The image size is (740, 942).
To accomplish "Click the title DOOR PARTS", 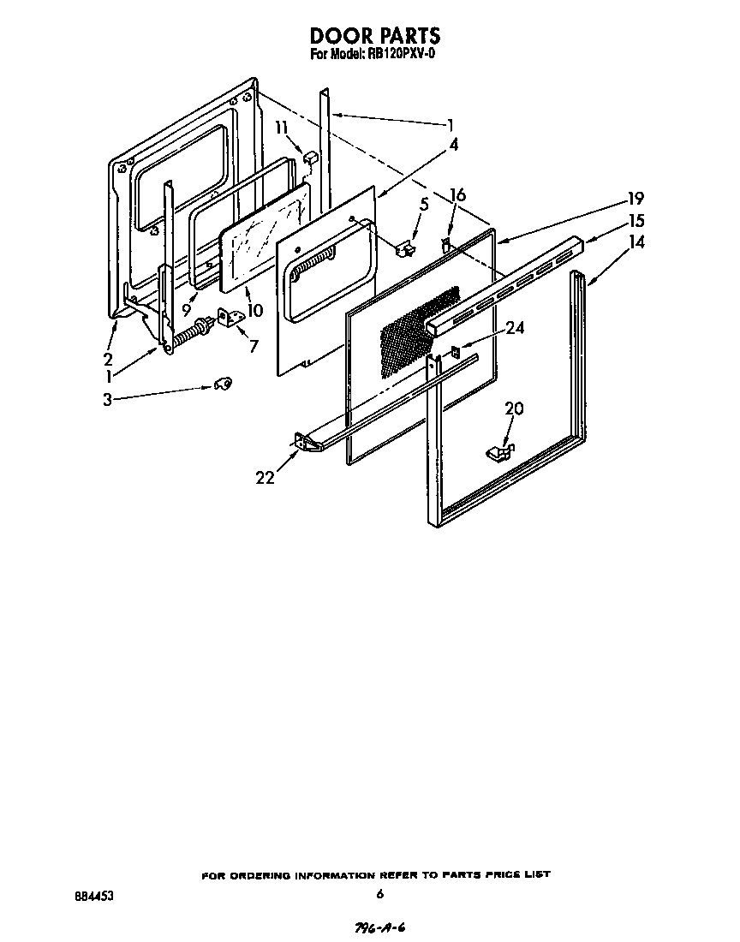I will [x=374, y=35].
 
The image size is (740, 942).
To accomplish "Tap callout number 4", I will [x=454, y=145].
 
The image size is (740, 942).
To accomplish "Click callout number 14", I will [x=636, y=242].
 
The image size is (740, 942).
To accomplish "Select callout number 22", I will [x=265, y=478].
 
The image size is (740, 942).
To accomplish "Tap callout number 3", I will [x=107, y=399].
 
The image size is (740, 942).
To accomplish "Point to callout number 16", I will [x=458, y=196].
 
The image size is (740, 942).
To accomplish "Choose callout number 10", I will [x=254, y=310].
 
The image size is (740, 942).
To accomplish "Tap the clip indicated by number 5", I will [x=405, y=248].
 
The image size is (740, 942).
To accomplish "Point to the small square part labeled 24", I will [x=456, y=350].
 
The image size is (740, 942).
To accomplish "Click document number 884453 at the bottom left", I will [x=94, y=896].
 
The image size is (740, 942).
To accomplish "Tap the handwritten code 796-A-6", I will [x=379, y=928].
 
